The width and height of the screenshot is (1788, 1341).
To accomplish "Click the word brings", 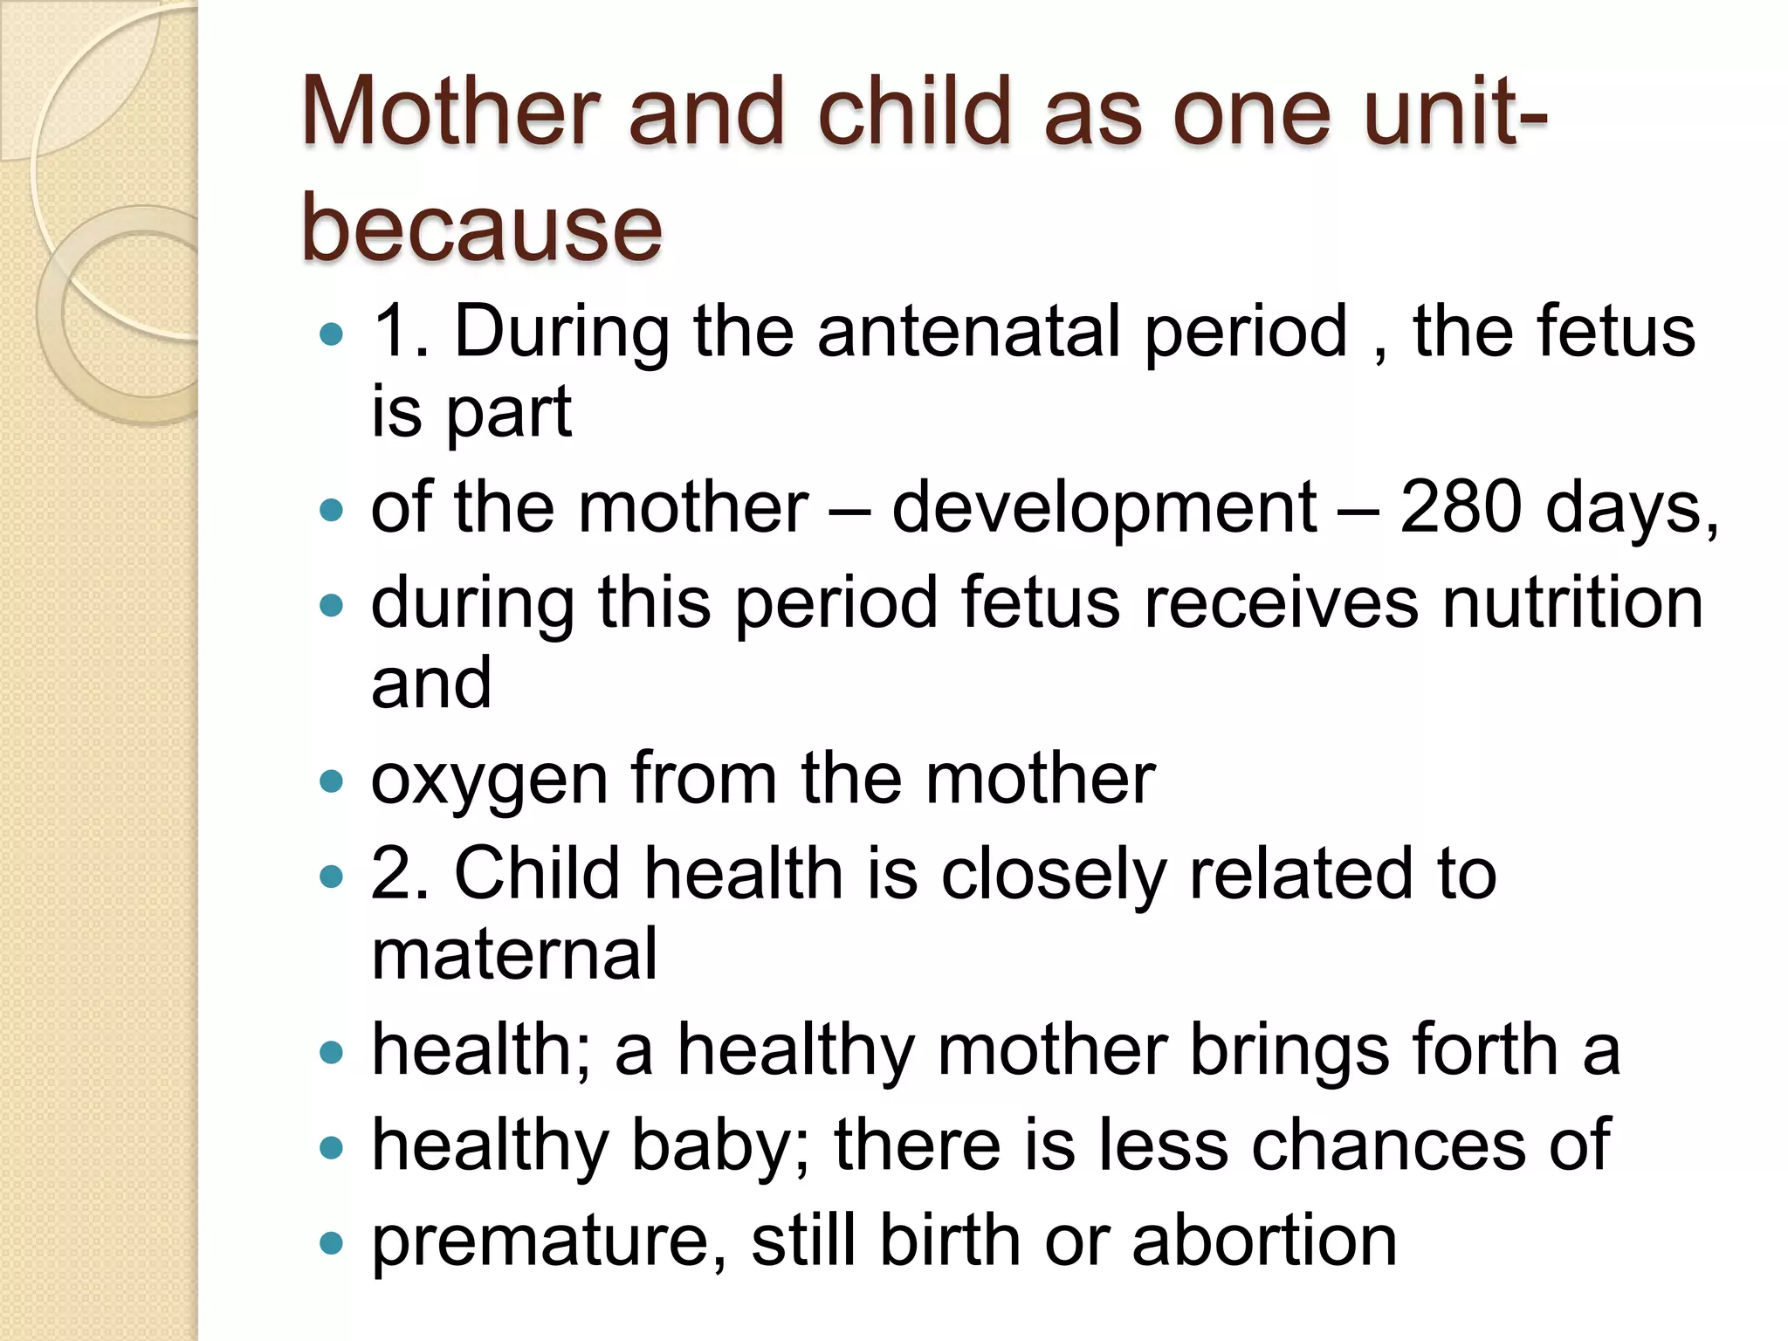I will pyautogui.click(x=1289, y=1050).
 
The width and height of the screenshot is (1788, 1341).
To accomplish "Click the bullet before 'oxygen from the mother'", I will pyautogui.click(x=332, y=781).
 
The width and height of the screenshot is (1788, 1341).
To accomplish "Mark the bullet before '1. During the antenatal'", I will pyautogui.click(x=332, y=334).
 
